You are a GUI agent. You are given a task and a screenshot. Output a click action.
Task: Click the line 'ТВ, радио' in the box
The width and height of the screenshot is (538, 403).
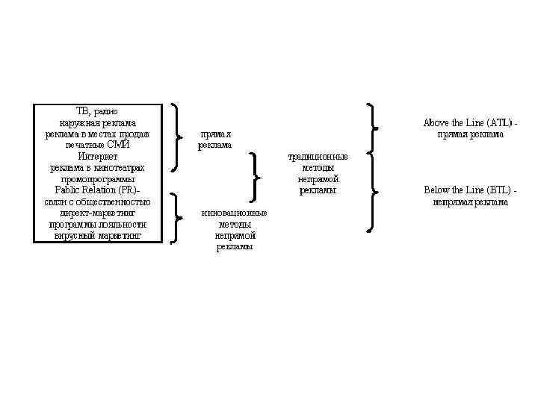click(97, 111)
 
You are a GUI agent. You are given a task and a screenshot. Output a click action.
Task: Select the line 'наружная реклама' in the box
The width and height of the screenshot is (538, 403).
click(97, 122)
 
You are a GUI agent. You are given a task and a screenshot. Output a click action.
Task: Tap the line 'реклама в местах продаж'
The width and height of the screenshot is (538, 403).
click(97, 134)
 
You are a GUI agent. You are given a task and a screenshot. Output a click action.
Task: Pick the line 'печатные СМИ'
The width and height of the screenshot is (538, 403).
click(97, 145)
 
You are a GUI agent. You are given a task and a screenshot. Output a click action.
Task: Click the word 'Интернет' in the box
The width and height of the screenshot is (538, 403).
click(97, 157)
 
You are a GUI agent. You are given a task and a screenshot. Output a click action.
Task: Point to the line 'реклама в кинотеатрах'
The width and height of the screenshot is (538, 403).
click(97, 168)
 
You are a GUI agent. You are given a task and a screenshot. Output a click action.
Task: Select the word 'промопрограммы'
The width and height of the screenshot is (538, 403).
click(97, 179)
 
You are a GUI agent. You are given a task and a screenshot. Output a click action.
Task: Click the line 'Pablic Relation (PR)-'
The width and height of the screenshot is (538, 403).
click(97, 190)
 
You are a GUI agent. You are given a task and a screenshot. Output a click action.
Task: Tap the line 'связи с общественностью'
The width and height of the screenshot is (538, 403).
click(97, 201)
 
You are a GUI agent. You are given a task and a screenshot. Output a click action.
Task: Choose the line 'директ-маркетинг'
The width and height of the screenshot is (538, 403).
click(97, 213)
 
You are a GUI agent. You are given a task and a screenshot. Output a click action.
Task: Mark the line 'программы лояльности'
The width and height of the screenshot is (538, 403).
click(97, 224)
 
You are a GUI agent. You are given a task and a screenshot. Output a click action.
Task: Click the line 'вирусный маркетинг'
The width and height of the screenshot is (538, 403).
click(97, 236)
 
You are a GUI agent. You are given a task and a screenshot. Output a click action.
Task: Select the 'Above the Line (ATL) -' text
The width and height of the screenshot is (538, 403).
click(470, 122)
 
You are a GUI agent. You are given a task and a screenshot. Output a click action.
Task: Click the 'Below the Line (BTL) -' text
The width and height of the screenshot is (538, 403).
click(470, 190)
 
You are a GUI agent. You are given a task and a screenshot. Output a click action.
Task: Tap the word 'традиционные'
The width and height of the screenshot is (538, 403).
click(318, 157)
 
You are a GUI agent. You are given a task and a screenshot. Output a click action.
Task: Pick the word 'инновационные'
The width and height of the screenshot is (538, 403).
click(234, 213)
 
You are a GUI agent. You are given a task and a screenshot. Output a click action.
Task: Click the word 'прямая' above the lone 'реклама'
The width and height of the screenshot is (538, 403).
click(214, 134)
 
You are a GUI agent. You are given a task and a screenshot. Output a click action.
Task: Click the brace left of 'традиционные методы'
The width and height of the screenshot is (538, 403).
click(256, 177)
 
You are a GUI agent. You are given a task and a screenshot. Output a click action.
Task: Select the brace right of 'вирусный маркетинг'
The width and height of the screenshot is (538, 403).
click(175, 218)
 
